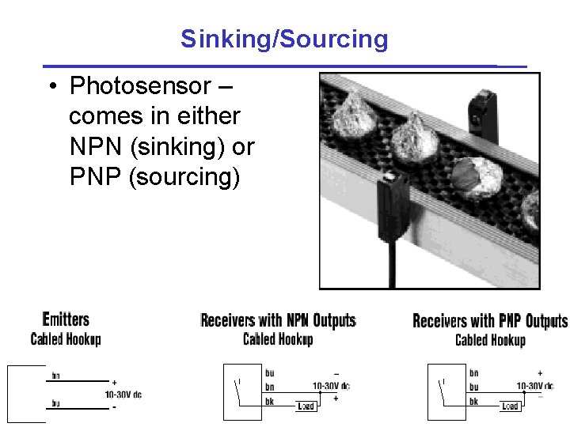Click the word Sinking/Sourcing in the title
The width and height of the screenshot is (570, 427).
click(284, 39)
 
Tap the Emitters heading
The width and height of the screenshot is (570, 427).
click(66, 319)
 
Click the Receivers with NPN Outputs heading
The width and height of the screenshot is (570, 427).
click(278, 320)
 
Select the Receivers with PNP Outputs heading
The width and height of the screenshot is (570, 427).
click(490, 321)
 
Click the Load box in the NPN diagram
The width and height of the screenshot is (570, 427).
click(306, 406)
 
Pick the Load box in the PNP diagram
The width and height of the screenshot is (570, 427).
click(510, 406)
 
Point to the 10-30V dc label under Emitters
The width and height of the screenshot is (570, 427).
click(123, 394)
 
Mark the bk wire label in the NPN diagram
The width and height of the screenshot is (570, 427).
click(270, 401)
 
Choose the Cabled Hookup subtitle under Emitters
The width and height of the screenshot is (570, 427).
click(66, 339)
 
